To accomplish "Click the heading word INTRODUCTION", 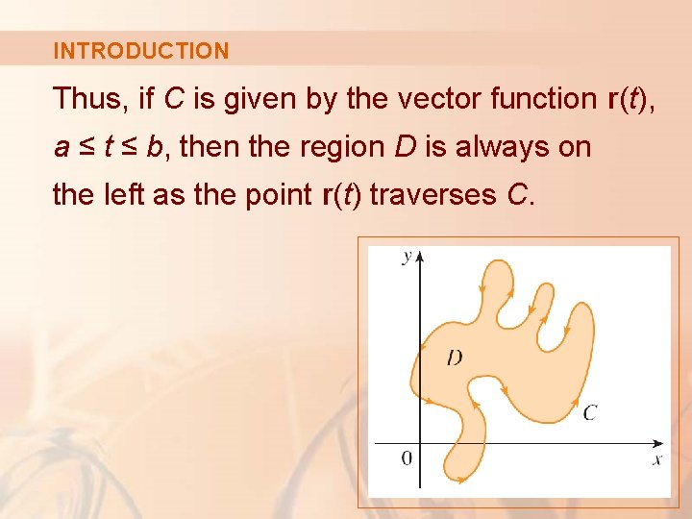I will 141,51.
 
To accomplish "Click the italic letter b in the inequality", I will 156,147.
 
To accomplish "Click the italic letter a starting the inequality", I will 62,148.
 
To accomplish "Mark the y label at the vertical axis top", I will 408,257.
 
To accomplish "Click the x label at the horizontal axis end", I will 657,459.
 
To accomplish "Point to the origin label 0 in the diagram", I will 408,457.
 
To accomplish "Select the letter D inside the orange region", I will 454,358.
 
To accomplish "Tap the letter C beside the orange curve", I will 590,412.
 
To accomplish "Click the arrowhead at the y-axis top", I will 420,257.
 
